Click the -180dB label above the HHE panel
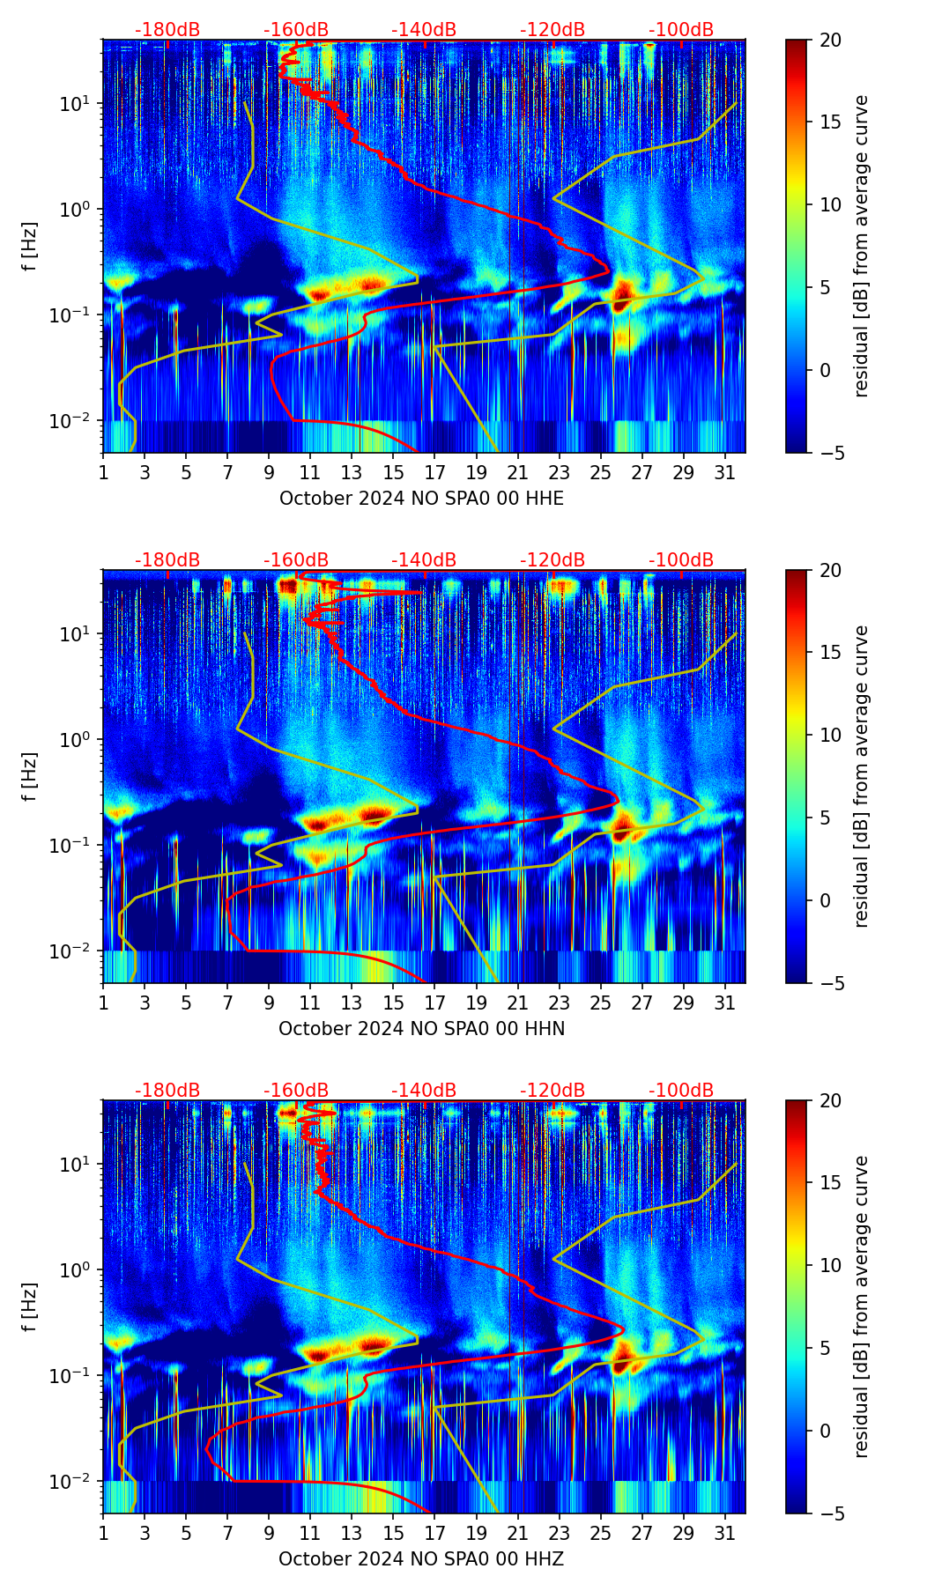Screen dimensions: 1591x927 pos(167,31)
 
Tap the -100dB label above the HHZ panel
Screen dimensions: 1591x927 pos(681,1091)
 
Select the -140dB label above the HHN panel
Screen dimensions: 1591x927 pos(424,560)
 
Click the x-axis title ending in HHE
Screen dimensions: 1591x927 pos(421,499)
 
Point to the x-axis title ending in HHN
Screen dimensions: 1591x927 pos(421,1029)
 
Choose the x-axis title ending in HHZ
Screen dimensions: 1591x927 pos(421,1559)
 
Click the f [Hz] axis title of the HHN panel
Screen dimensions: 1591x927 pos(31,776)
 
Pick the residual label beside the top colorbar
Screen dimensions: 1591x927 pos(861,246)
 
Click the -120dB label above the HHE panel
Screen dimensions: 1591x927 pos(552,31)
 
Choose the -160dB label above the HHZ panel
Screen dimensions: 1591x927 pos(296,1091)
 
